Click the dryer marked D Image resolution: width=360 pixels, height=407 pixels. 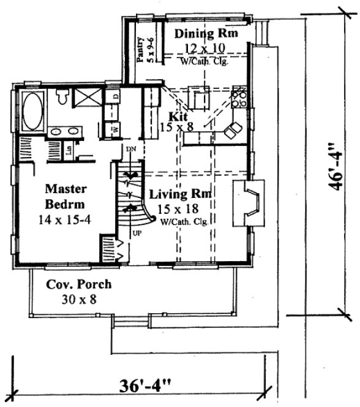click(116, 98)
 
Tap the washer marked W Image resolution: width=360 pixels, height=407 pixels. click(114, 130)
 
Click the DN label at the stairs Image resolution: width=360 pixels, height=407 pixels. click(129, 149)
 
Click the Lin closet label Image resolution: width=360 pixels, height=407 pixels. click(69, 150)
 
